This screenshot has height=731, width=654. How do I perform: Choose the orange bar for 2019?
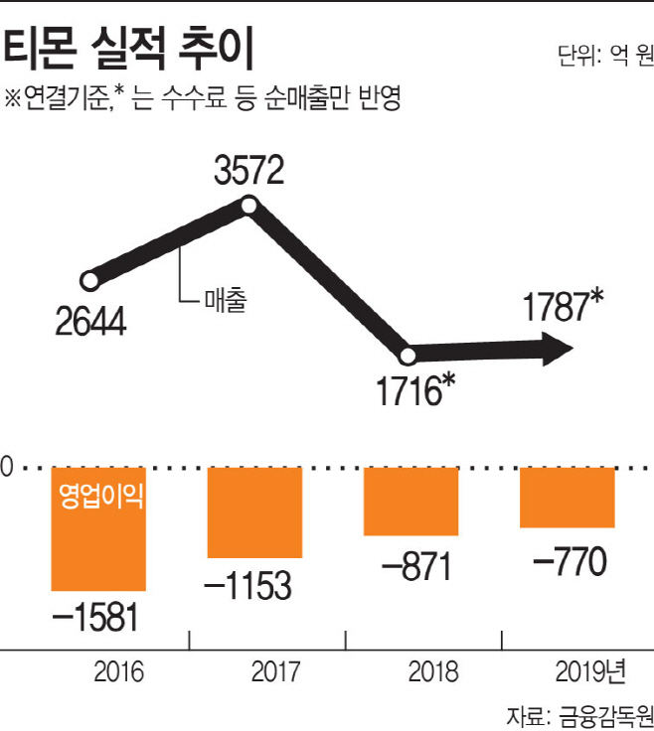568,498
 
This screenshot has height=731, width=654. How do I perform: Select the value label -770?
570,561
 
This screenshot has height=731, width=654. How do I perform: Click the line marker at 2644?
89,281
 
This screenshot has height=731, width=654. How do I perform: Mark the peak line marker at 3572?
249,207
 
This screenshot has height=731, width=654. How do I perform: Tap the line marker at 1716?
407,357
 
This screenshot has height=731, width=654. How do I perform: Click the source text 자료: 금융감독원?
579,714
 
